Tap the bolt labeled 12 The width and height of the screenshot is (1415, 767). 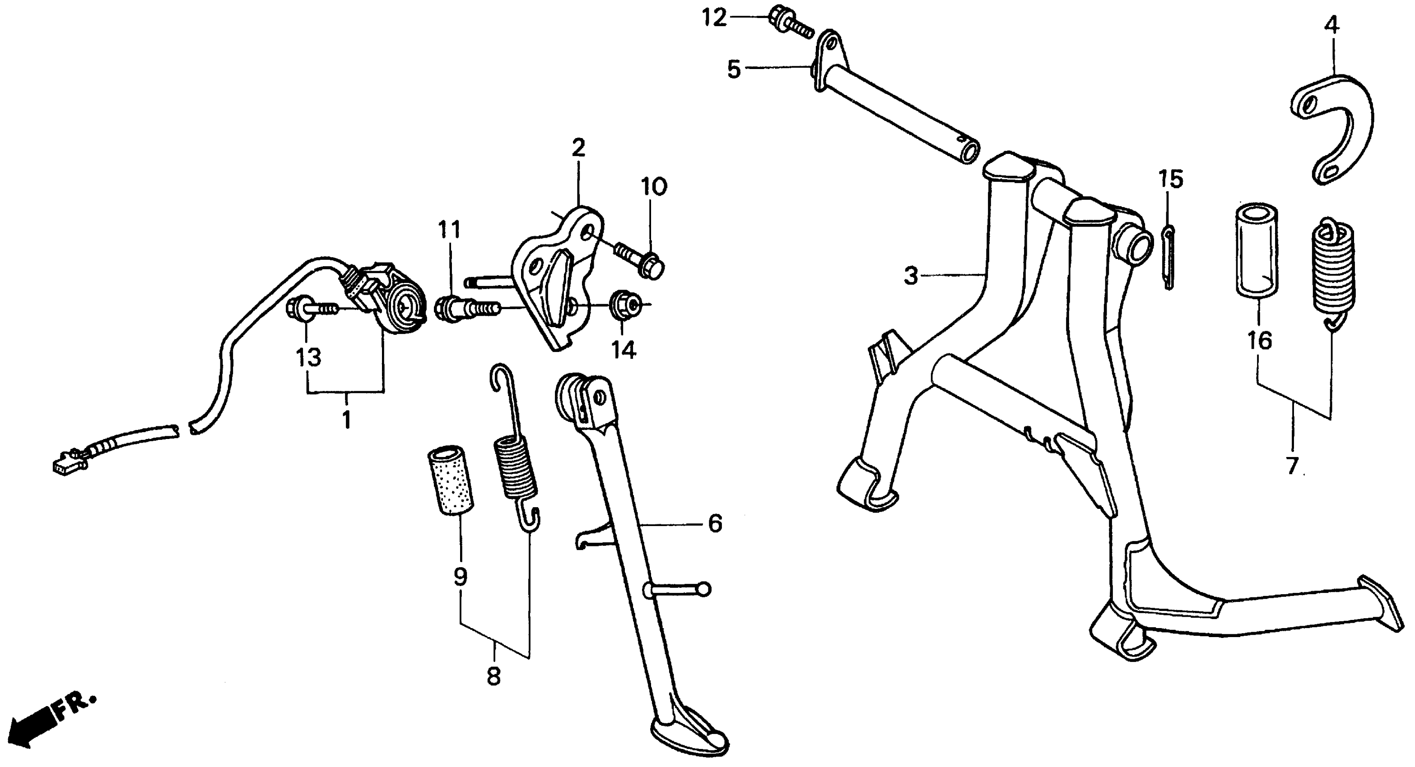click(789, 20)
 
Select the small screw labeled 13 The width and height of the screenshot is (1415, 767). click(310, 310)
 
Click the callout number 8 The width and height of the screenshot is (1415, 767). click(493, 676)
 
